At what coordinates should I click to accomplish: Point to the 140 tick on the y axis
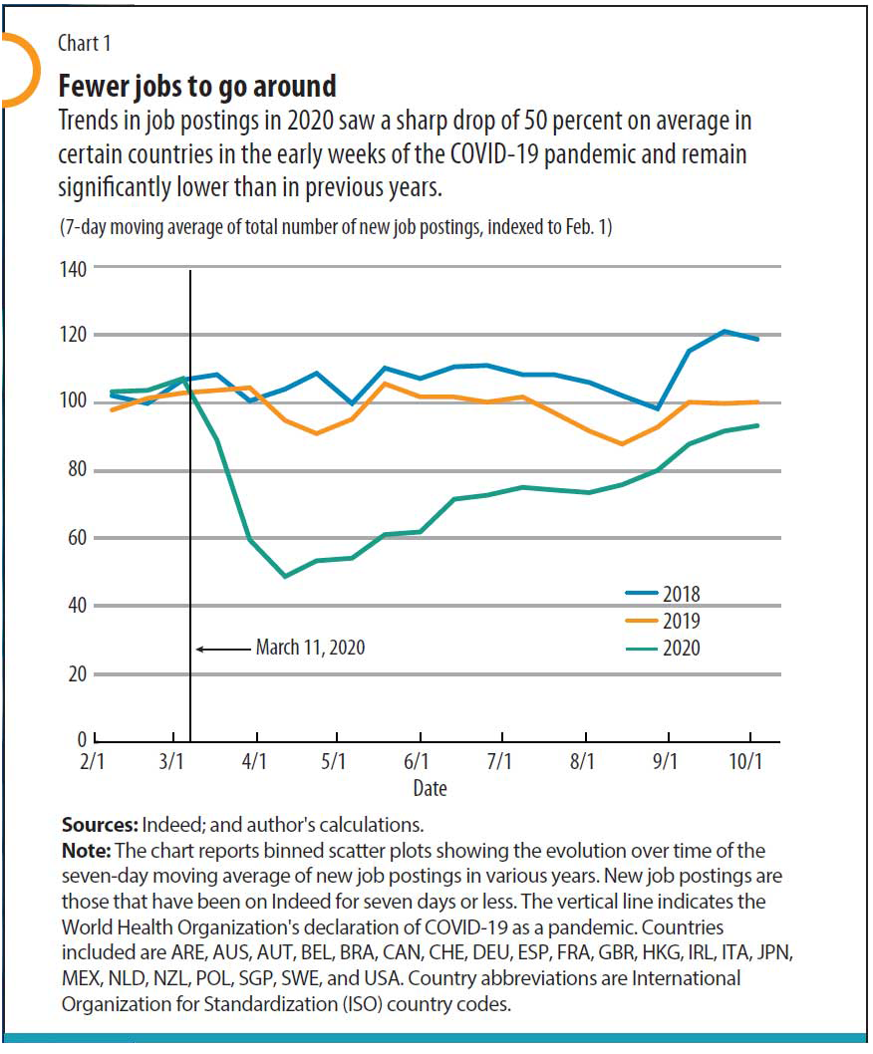tap(75, 268)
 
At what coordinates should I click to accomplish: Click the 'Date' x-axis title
tap(431, 789)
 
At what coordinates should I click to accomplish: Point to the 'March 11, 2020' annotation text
tap(310, 648)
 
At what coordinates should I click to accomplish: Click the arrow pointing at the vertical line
tap(221, 649)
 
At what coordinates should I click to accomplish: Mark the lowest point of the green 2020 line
tap(286, 576)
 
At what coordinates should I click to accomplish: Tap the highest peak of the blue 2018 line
tap(725, 331)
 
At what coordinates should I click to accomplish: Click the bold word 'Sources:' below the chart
tap(100, 825)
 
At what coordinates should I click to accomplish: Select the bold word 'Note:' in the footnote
tap(87, 851)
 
